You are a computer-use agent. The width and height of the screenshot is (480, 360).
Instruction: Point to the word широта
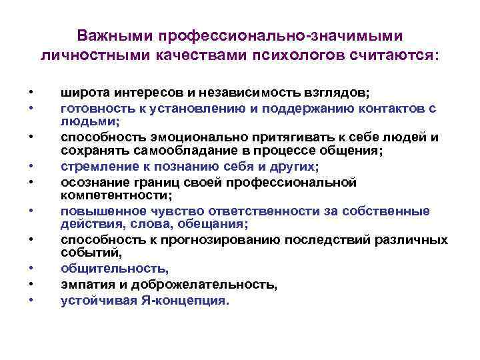click(x=82, y=93)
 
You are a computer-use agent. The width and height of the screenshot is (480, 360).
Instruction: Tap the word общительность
click(x=115, y=269)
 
